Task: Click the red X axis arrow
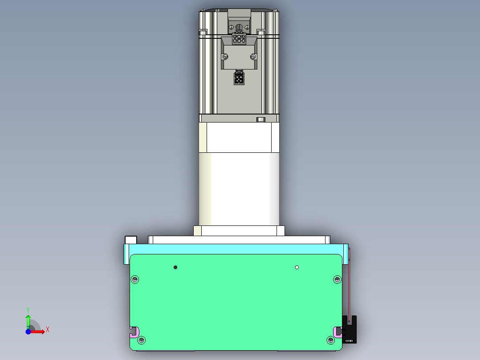39,331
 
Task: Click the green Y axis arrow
28,320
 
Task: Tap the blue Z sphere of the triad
28,331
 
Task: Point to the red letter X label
48,330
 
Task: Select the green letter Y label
28,309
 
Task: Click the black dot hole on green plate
175,267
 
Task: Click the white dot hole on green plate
297,267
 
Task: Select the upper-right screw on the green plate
337,279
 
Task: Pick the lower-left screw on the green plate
142,340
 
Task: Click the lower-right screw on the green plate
330,340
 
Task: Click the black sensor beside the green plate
350,330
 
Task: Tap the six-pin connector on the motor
239,39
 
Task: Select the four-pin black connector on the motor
239,79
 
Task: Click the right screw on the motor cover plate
253,56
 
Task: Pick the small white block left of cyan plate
131,240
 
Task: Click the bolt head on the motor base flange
261,119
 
